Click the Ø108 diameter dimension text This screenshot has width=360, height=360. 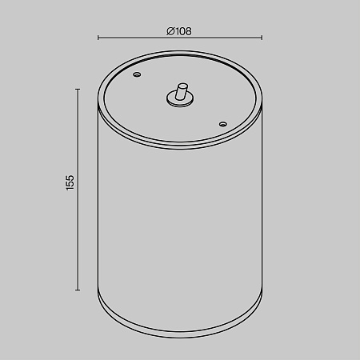(179, 31)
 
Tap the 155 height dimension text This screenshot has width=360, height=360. (70, 182)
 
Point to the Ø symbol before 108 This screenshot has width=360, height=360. (170, 31)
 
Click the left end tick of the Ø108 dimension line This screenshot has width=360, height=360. (98, 38)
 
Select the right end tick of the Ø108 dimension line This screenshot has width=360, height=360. (262, 38)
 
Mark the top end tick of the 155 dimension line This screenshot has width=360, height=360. (78, 90)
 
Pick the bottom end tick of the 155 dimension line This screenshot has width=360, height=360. (78, 290)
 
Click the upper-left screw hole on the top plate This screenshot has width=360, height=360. (137, 74)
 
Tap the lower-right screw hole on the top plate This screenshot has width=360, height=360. (223, 124)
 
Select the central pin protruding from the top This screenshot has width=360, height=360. (182, 92)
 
